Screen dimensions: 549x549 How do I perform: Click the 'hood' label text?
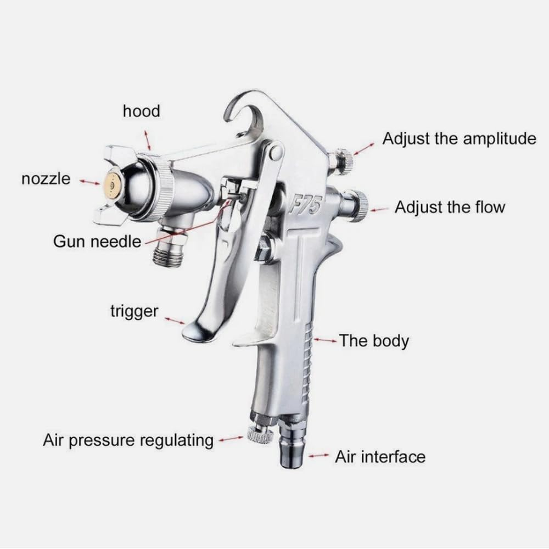(141, 111)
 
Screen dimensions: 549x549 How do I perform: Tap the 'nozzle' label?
(46, 178)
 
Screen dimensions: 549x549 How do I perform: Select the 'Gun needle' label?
(97, 241)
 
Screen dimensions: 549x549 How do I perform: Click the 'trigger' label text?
(134, 312)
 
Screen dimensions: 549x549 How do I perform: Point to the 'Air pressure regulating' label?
(128, 440)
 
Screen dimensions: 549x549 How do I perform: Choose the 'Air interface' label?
(380, 456)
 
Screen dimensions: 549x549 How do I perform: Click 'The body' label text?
(373, 340)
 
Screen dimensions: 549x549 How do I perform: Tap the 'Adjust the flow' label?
(450, 208)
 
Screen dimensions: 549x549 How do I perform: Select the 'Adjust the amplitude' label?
(459, 138)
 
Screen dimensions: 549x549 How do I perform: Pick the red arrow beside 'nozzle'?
(88, 181)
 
